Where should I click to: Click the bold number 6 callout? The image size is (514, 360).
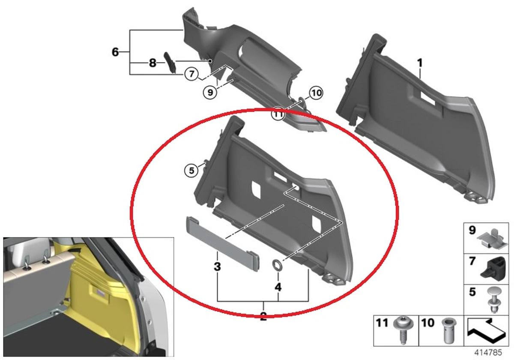(x=115, y=52)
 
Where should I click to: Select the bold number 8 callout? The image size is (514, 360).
(x=152, y=63)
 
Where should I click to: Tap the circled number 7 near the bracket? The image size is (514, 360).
(x=191, y=74)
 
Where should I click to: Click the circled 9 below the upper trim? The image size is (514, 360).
(x=210, y=91)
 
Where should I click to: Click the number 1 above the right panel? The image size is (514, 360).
(x=420, y=63)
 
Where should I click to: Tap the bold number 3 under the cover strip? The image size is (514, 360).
(x=217, y=267)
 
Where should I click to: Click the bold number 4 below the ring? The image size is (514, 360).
(x=278, y=287)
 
